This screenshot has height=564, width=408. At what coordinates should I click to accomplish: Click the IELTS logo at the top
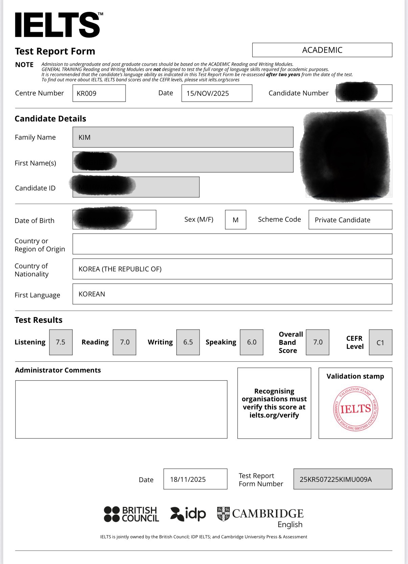coord(58,25)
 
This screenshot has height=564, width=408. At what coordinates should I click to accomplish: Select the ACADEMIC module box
coord(322,50)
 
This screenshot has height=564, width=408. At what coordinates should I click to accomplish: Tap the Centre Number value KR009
coord(87,93)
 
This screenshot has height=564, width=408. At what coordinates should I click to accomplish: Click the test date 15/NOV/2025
coord(208,93)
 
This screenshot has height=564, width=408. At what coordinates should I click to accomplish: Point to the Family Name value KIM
coord(85,137)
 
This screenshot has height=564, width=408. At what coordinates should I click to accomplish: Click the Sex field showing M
coord(235,220)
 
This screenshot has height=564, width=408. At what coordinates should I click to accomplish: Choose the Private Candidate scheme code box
coord(342,220)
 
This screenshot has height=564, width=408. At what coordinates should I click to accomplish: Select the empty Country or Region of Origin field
coord(232,244)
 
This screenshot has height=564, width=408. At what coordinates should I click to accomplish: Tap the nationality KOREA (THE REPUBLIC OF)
coord(120,269)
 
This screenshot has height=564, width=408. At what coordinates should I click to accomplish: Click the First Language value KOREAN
coord(92,294)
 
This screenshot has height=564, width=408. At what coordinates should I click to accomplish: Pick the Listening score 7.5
coord(61,342)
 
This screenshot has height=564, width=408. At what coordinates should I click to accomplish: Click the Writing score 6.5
coord(188,342)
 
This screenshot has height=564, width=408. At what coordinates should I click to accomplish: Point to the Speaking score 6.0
coord(252,342)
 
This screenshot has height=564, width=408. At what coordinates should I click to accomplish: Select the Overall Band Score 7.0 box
coord(318,342)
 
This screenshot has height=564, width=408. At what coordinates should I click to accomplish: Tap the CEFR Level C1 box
coord(380,343)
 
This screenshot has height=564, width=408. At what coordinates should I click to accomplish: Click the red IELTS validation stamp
coord(355,409)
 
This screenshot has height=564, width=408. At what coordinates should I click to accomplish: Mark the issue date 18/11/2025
coord(188,479)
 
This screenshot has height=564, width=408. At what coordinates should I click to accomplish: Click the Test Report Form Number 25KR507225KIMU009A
coord(336,479)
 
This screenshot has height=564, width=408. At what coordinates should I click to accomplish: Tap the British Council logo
coord(131,514)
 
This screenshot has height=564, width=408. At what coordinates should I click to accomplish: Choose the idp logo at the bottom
coord(188,514)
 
